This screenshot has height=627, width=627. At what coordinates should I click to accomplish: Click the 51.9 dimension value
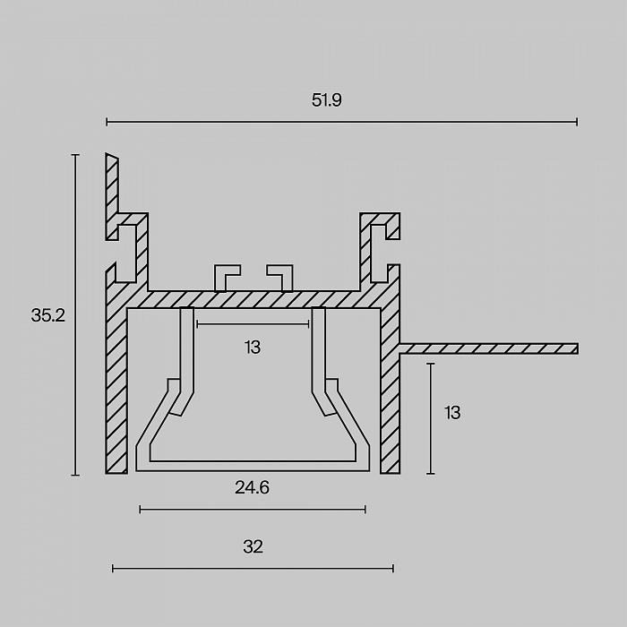pos(327,100)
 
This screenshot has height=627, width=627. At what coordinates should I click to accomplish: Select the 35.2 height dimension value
pos(48,315)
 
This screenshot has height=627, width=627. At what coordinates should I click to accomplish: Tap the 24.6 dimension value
pos(252,487)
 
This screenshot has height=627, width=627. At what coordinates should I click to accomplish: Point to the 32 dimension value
pos(253,546)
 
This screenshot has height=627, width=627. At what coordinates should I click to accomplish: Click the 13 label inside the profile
pos(253,348)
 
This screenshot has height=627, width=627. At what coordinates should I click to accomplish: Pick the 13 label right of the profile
pos(452,413)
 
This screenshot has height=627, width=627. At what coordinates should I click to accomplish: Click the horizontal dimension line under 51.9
pos(342,122)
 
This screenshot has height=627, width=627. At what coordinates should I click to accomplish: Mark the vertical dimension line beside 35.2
pos(75,314)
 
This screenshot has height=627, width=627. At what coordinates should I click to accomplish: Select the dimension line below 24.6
pos(253,510)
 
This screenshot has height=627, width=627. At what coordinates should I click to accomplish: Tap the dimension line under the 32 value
pos(253,568)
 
